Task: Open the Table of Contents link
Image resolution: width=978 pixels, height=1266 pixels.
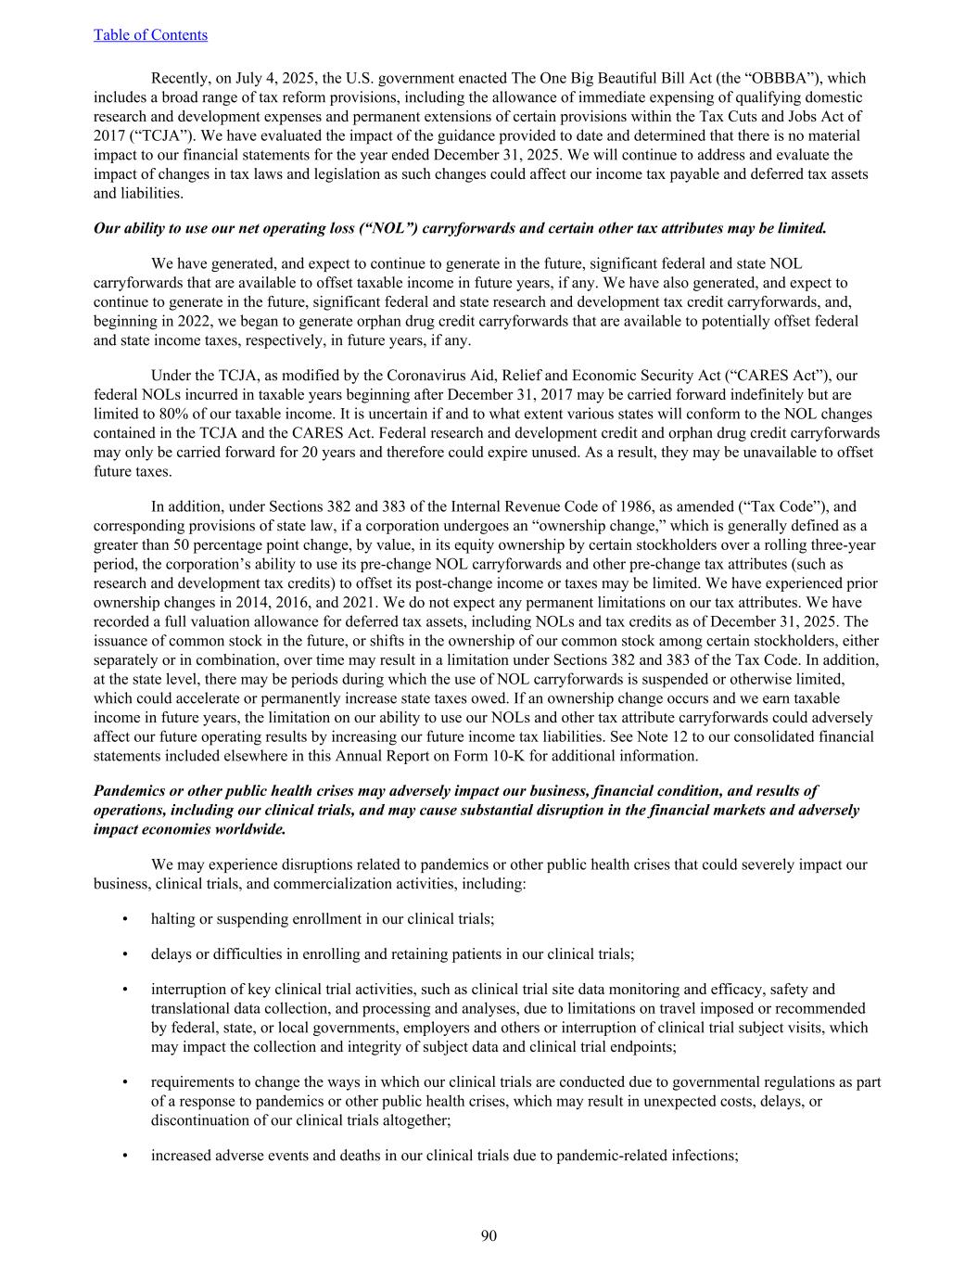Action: pos(150,35)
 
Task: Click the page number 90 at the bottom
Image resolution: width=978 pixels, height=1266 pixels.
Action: pos(489,1235)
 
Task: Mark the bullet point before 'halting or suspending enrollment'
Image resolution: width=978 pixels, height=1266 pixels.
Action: pos(125,919)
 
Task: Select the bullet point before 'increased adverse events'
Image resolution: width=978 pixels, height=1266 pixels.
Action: pos(125,1157)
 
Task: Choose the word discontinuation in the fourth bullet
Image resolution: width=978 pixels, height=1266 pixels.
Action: pos(195,1120)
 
